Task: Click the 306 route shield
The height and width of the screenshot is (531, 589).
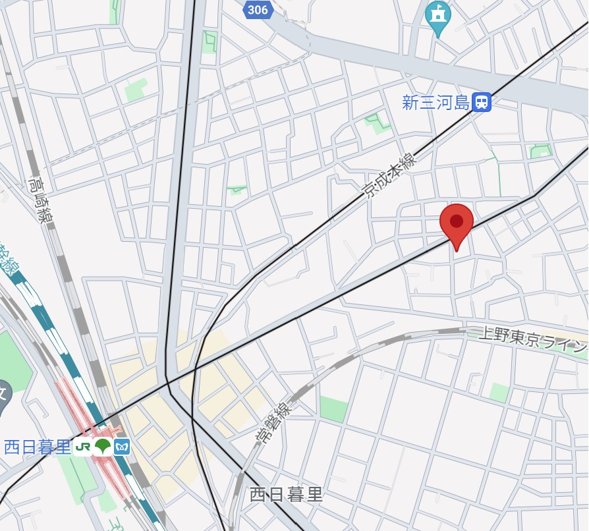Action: click(x=258, y=9)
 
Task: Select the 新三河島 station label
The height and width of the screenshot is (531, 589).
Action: click(x=436, y=103)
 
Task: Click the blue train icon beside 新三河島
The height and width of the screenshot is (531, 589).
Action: click(x=482, y=102)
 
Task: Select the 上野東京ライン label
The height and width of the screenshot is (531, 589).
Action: click(x=527, y=340)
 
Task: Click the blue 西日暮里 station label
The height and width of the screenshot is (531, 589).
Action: click(x=37, y=447)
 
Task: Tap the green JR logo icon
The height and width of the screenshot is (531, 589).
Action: click(x=83, y=447)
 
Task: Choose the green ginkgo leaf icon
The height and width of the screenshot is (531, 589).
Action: click(x=102, y=447)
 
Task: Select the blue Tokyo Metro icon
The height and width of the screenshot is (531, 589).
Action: click(x=122, y=447)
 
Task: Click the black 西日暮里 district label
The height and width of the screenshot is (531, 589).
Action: click(x=287, y=495)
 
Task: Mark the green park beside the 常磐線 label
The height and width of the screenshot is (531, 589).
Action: click(x=333, y=408)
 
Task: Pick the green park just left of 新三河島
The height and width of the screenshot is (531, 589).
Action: click(x=377, y=122)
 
